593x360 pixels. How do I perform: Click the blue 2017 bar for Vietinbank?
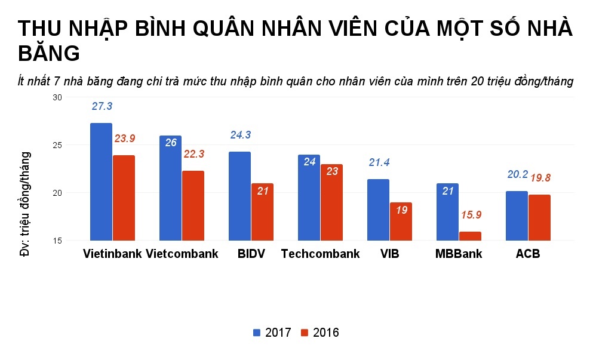point(101,182)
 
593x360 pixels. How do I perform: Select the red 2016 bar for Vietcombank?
point(193,206)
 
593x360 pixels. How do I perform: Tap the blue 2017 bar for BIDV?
point(239,196)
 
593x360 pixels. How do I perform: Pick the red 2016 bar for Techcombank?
point(331,202)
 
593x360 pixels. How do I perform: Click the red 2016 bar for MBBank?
point(470,236)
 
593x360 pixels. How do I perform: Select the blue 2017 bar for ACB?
point(517,216)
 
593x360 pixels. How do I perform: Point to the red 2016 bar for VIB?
point(401,221)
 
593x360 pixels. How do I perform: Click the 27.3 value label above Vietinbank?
point(102,106)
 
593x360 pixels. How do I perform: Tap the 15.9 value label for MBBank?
point(471,214)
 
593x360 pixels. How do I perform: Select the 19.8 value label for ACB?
point(540,177)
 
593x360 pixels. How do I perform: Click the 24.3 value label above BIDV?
point(240,135)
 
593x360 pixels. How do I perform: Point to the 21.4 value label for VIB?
point(379,162)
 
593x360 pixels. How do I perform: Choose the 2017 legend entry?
point(272,333)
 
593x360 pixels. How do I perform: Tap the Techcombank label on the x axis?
point(320,254)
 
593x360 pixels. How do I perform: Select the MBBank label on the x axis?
point(459,254)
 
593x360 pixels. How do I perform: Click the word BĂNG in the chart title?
point(49,54)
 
